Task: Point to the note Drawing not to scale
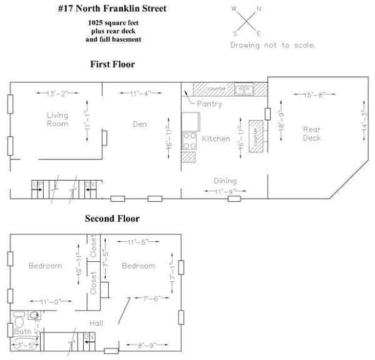tap(272, 45)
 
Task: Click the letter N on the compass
tap(259, 9)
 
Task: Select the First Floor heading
tap(112, 64)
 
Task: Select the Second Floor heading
tap(112, 219)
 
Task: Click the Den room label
tap(139, 124)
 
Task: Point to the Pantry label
tap(209, 104)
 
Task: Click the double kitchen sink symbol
tap(244, 89)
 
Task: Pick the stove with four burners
tap(188, 141)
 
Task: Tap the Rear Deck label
tap(311, 134)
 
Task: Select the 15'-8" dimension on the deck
tap(312, 95)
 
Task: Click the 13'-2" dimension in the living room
tap(57, 93)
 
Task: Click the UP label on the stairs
tap(37, 184)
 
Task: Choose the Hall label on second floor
tap(96, 323)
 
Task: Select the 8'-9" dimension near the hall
tap(141, 344)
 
